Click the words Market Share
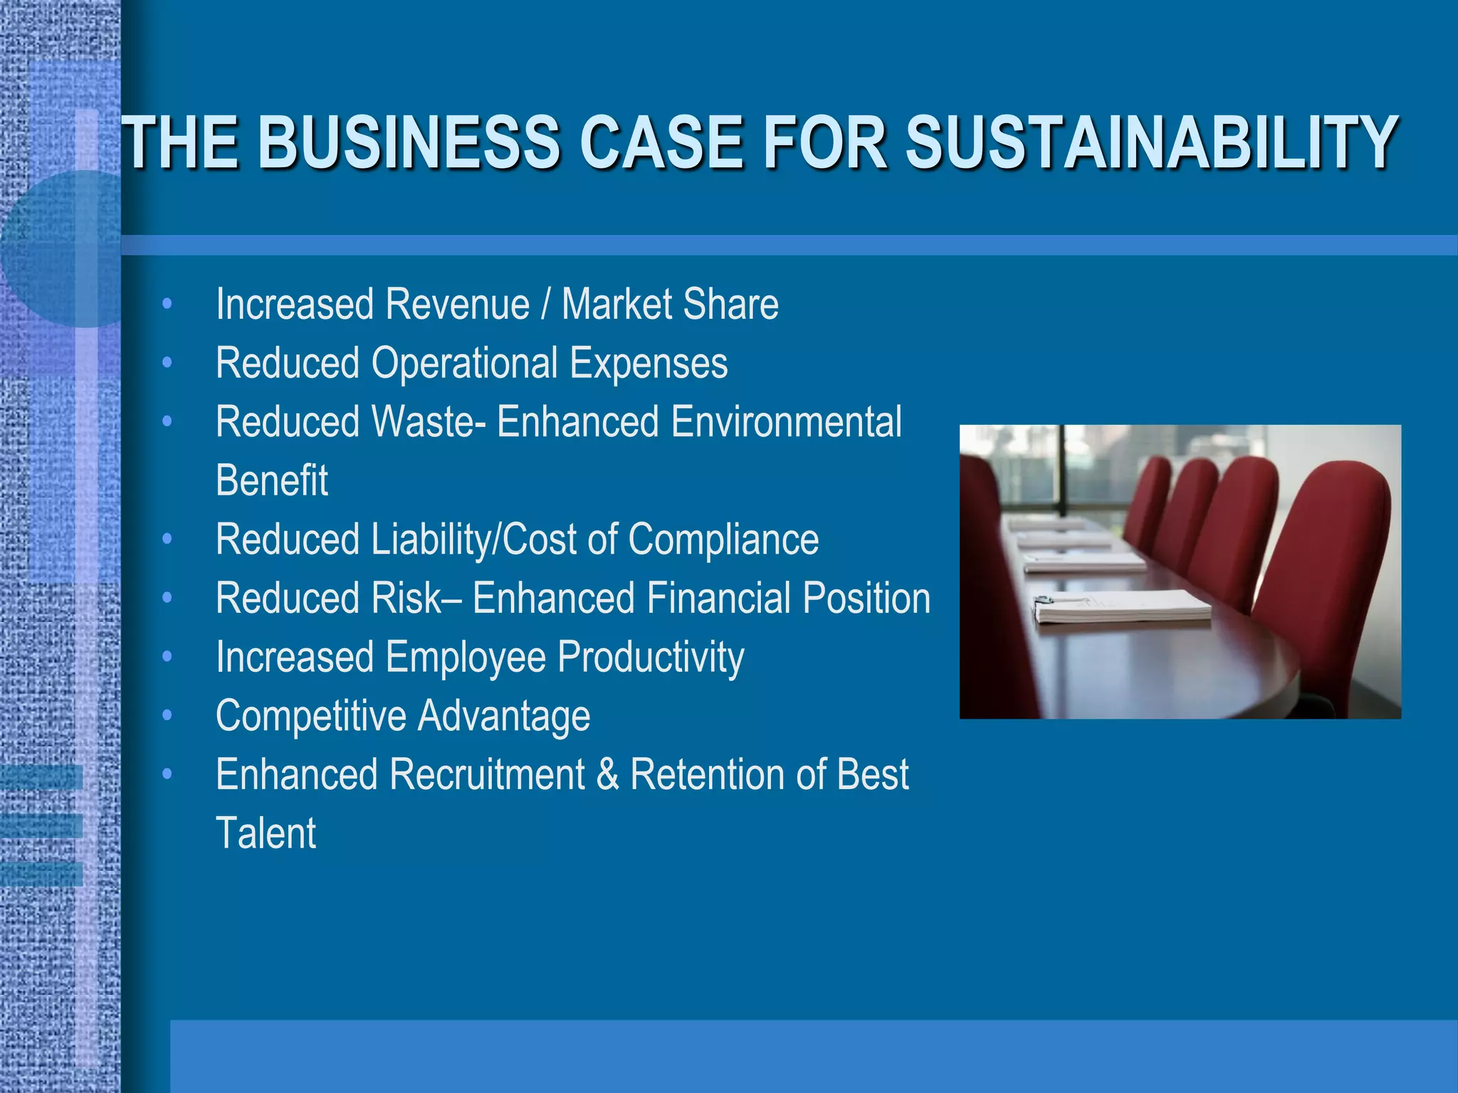point(670,305)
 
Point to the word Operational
point(464,363)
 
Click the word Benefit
point(272,480)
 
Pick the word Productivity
point(651,657)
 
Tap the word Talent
point(266,833)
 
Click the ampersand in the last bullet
point(607,774)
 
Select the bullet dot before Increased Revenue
point(167,304)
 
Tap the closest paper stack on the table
point(1121,608)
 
